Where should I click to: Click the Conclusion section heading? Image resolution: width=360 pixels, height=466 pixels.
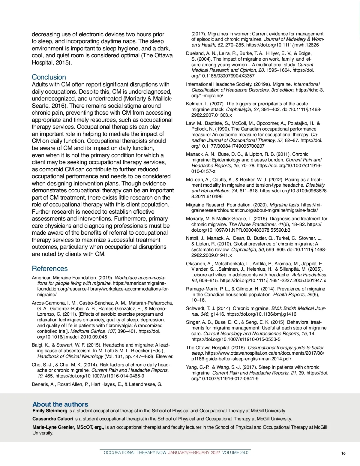[x=49, y=77]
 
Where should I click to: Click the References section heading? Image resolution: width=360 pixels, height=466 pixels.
[x=50, y=269]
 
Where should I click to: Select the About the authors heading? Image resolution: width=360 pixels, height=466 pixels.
[x=60, y=404]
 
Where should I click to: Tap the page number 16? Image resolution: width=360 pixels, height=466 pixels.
[x=343, y=453]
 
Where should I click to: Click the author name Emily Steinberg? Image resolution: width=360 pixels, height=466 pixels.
[x=50, y=411]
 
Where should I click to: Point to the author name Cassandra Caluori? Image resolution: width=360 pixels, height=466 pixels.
[x=53, y=419]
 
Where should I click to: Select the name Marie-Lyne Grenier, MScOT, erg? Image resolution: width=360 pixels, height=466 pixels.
[x=68, y=427]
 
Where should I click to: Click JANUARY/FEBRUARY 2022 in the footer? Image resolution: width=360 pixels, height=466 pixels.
[x=194, y=453]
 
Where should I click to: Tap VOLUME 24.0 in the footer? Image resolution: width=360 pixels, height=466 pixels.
[x=235, y=453]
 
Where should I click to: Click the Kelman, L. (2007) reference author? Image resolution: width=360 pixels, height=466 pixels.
[x=195, y=104]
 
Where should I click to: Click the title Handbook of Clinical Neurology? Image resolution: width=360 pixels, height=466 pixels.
[x=70, y=356]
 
